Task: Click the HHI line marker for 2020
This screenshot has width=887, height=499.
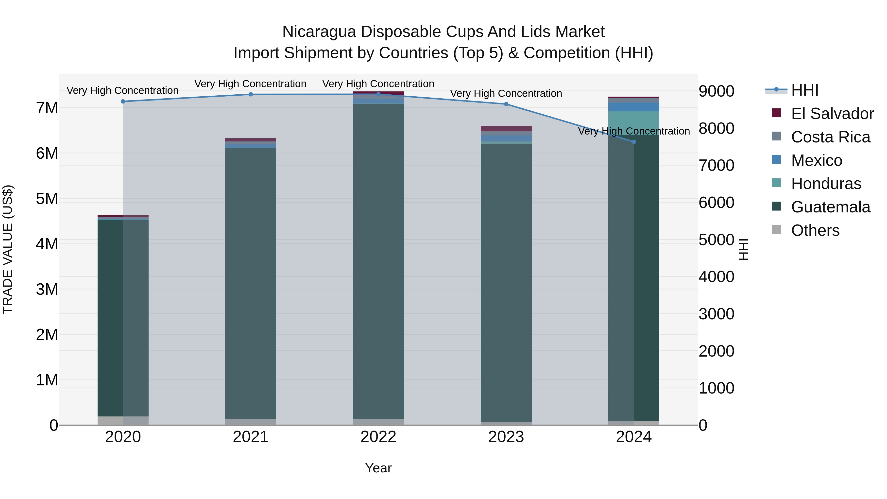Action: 123,101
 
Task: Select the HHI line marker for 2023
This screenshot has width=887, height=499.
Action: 506,104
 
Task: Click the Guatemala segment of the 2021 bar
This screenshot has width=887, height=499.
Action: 251,282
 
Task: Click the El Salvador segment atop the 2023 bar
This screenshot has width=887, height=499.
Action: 506,128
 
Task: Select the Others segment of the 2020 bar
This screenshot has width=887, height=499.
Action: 123,420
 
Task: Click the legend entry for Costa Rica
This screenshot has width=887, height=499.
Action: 830,137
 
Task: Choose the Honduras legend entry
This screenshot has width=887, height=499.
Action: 826,184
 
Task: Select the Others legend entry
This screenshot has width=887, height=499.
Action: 815,230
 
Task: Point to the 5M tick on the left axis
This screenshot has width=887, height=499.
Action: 47,199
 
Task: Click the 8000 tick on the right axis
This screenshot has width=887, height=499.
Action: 716,128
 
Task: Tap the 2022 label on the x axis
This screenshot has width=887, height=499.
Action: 378,437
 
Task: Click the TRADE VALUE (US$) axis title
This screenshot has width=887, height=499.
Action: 8,249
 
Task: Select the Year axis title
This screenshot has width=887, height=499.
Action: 378,468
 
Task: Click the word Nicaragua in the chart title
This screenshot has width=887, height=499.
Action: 319,32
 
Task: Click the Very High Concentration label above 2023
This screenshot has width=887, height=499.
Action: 506,93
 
